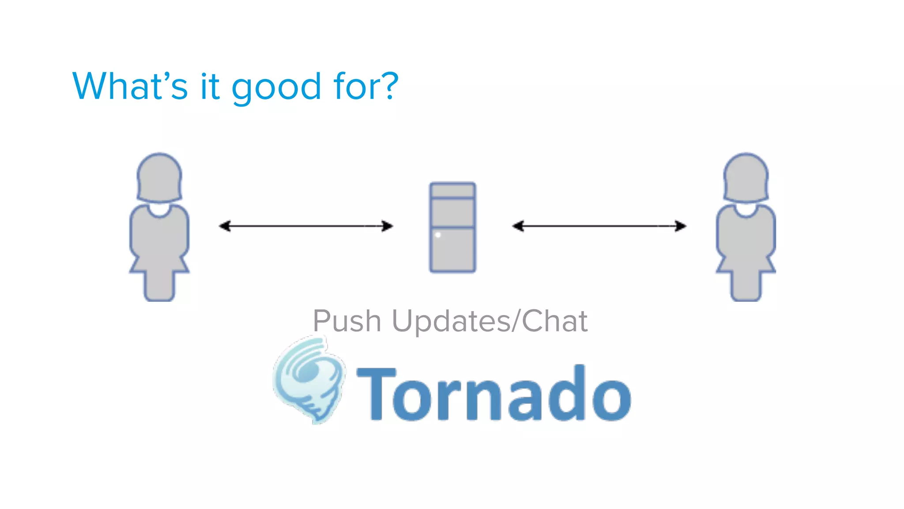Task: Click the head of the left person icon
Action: pyautogui.click(x=159, y=177)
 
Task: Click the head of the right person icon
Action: pyautogui.click(x=746, y=177)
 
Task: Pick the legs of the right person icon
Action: pyautogui.click(x=746, y=285)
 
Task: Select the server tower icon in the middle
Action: pyautogui.click(x=452, y=227)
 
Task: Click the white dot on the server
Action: pyautogui.click(x=438, y=235)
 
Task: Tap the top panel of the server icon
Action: pyautogui.click(x=452, y=190)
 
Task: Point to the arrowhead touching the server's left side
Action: pyautogui.click(x=388, y=226)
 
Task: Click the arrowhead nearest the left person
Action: pyautogui.click(x=225, y=226)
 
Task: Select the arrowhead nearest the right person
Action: pyautogui.click(x=681, y=226)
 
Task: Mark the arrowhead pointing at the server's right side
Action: pyautogui.click(x=518, y=226)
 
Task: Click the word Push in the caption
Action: pyautogui.click(x=347, y=321)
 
